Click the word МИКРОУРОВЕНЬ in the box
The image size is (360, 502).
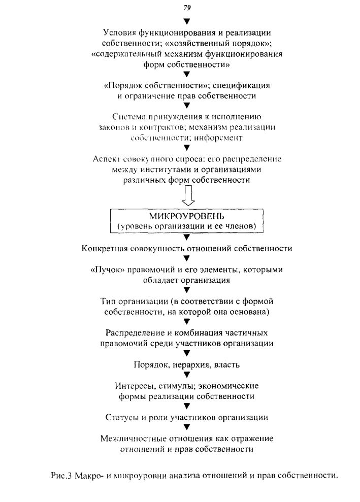(187, 216)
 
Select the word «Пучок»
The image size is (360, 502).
(108, 270)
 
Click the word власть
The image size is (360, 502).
(227, 365)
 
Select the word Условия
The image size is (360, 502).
(119, 32)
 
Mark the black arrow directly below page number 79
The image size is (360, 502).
(187, 21)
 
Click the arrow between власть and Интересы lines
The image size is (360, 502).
(187, 375)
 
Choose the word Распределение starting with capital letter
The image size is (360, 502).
(136, 333)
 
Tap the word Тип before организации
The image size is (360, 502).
(108, 302)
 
